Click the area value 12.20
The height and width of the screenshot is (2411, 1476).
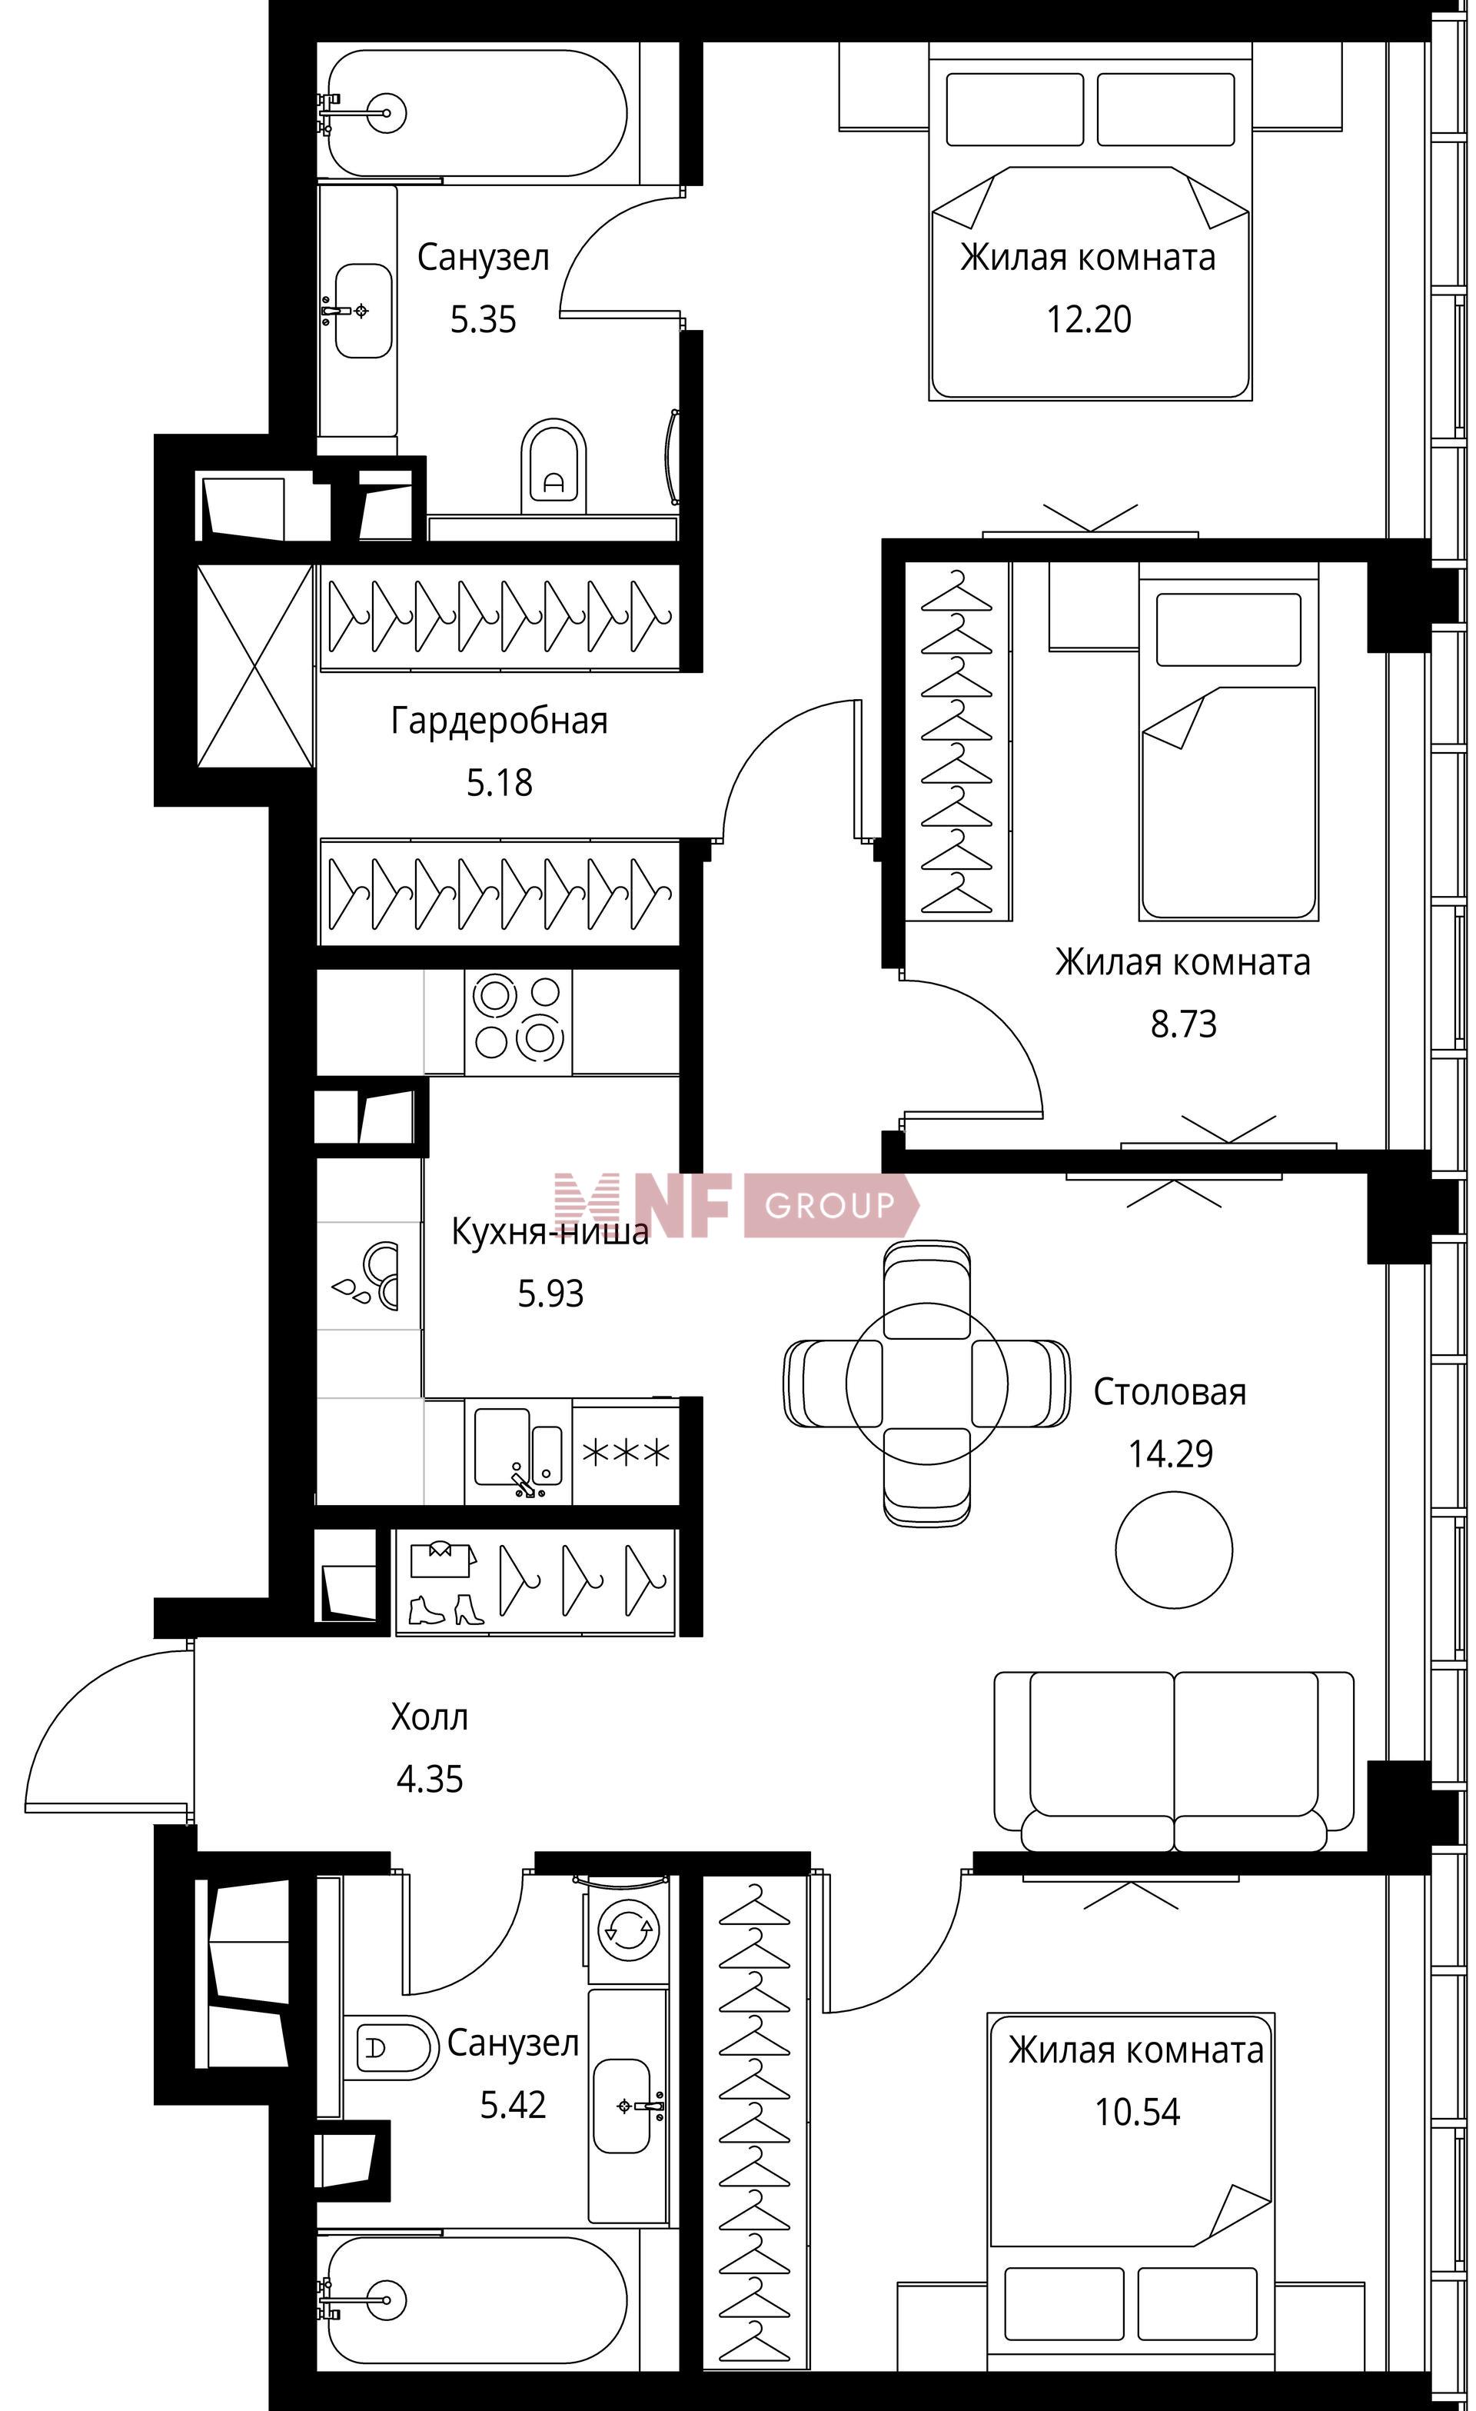pyautogui.click(x=1089, y=320)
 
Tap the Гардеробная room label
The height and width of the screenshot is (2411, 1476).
pyautogui.click(x=499, y=721)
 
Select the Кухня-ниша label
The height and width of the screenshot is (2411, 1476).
pyautogui.click(x=550, y=1231)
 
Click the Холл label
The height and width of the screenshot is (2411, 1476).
pyautogui.click(x=430, y=1717)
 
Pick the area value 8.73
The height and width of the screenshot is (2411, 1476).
pyautogui.click(x=1184, y=1024)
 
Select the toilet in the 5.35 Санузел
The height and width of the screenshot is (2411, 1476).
pyautogui.click(x=553, y=466)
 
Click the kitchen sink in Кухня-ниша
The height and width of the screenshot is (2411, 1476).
pyautogui.click(x=518, y=1451)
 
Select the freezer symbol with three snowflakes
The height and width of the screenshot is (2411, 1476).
pyautogui.click(x=626, y=1452)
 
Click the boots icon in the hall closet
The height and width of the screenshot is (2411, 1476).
pyautogui.click(x=445, y=1610)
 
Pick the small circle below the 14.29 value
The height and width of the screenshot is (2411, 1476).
pyautogui.click(x=1173, y=1549)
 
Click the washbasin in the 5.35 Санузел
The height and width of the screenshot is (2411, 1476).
pyautogui.click(x=363, y=310)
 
